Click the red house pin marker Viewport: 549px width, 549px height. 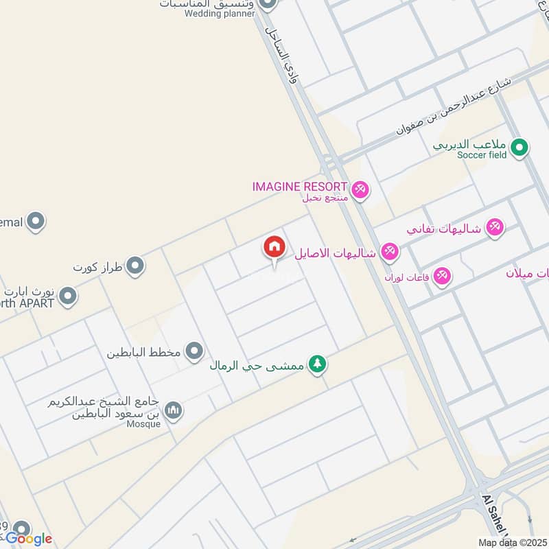(274, 248)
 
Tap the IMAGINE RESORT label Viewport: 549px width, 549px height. (299, 186)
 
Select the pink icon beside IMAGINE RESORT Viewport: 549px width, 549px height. (360, 189)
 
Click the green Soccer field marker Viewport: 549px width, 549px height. (519, 146)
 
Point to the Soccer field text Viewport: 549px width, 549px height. (482, 155)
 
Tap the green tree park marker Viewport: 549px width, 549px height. (316, 364)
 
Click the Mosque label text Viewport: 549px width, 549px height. (143, 423)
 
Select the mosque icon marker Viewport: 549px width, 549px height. (174, 410)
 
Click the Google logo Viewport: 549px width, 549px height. (29, 539)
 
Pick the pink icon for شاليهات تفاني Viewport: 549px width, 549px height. (494, 228)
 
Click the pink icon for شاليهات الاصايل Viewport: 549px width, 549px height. (390, 252)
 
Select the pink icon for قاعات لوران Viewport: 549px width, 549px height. (442, 276)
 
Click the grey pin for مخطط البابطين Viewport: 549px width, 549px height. (195, 352)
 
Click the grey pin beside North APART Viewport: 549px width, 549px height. (67, 296)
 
